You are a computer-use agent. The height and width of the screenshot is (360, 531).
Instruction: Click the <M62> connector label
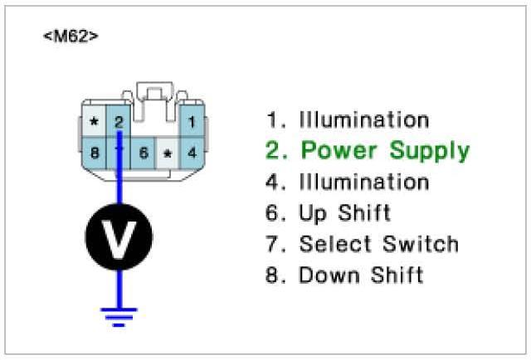tap(70, 37)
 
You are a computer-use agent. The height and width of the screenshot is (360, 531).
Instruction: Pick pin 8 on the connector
tap(95, 152)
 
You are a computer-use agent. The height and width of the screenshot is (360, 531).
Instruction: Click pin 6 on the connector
tap(144, 153)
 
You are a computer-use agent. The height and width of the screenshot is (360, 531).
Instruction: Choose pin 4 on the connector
tap(192, 153)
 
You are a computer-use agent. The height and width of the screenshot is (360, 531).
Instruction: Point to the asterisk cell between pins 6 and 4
tap(168, 153)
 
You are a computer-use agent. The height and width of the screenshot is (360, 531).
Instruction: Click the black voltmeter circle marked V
tap(119, 237)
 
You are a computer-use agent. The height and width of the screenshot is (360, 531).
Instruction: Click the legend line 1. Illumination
tap(348, 120)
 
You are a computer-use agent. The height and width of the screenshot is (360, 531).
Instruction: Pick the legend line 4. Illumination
tap(348, 182)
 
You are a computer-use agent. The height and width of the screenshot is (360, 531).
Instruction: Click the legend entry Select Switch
tap(362, 244)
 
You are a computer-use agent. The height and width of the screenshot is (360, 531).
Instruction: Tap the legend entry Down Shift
tap(344, 275)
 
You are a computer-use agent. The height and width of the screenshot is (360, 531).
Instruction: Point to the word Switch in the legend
tap(421, 244)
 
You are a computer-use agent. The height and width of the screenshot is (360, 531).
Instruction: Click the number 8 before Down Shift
tap(271, 275)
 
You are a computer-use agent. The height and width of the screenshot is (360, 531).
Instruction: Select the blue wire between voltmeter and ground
tap(119, 286)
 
